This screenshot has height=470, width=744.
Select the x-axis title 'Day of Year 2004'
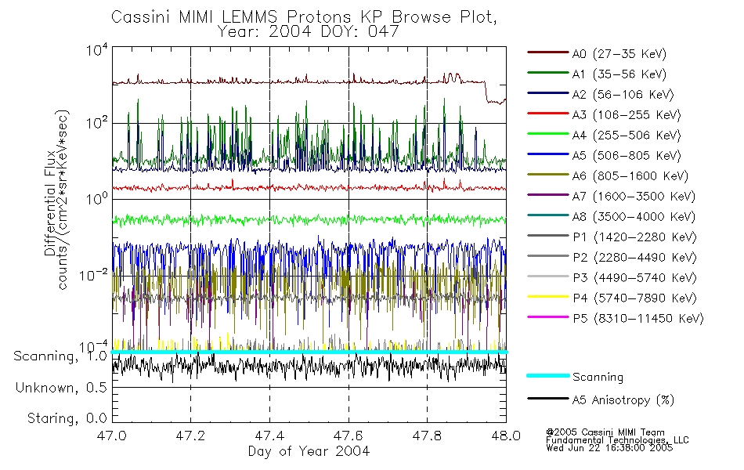click(x=309, y=451)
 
